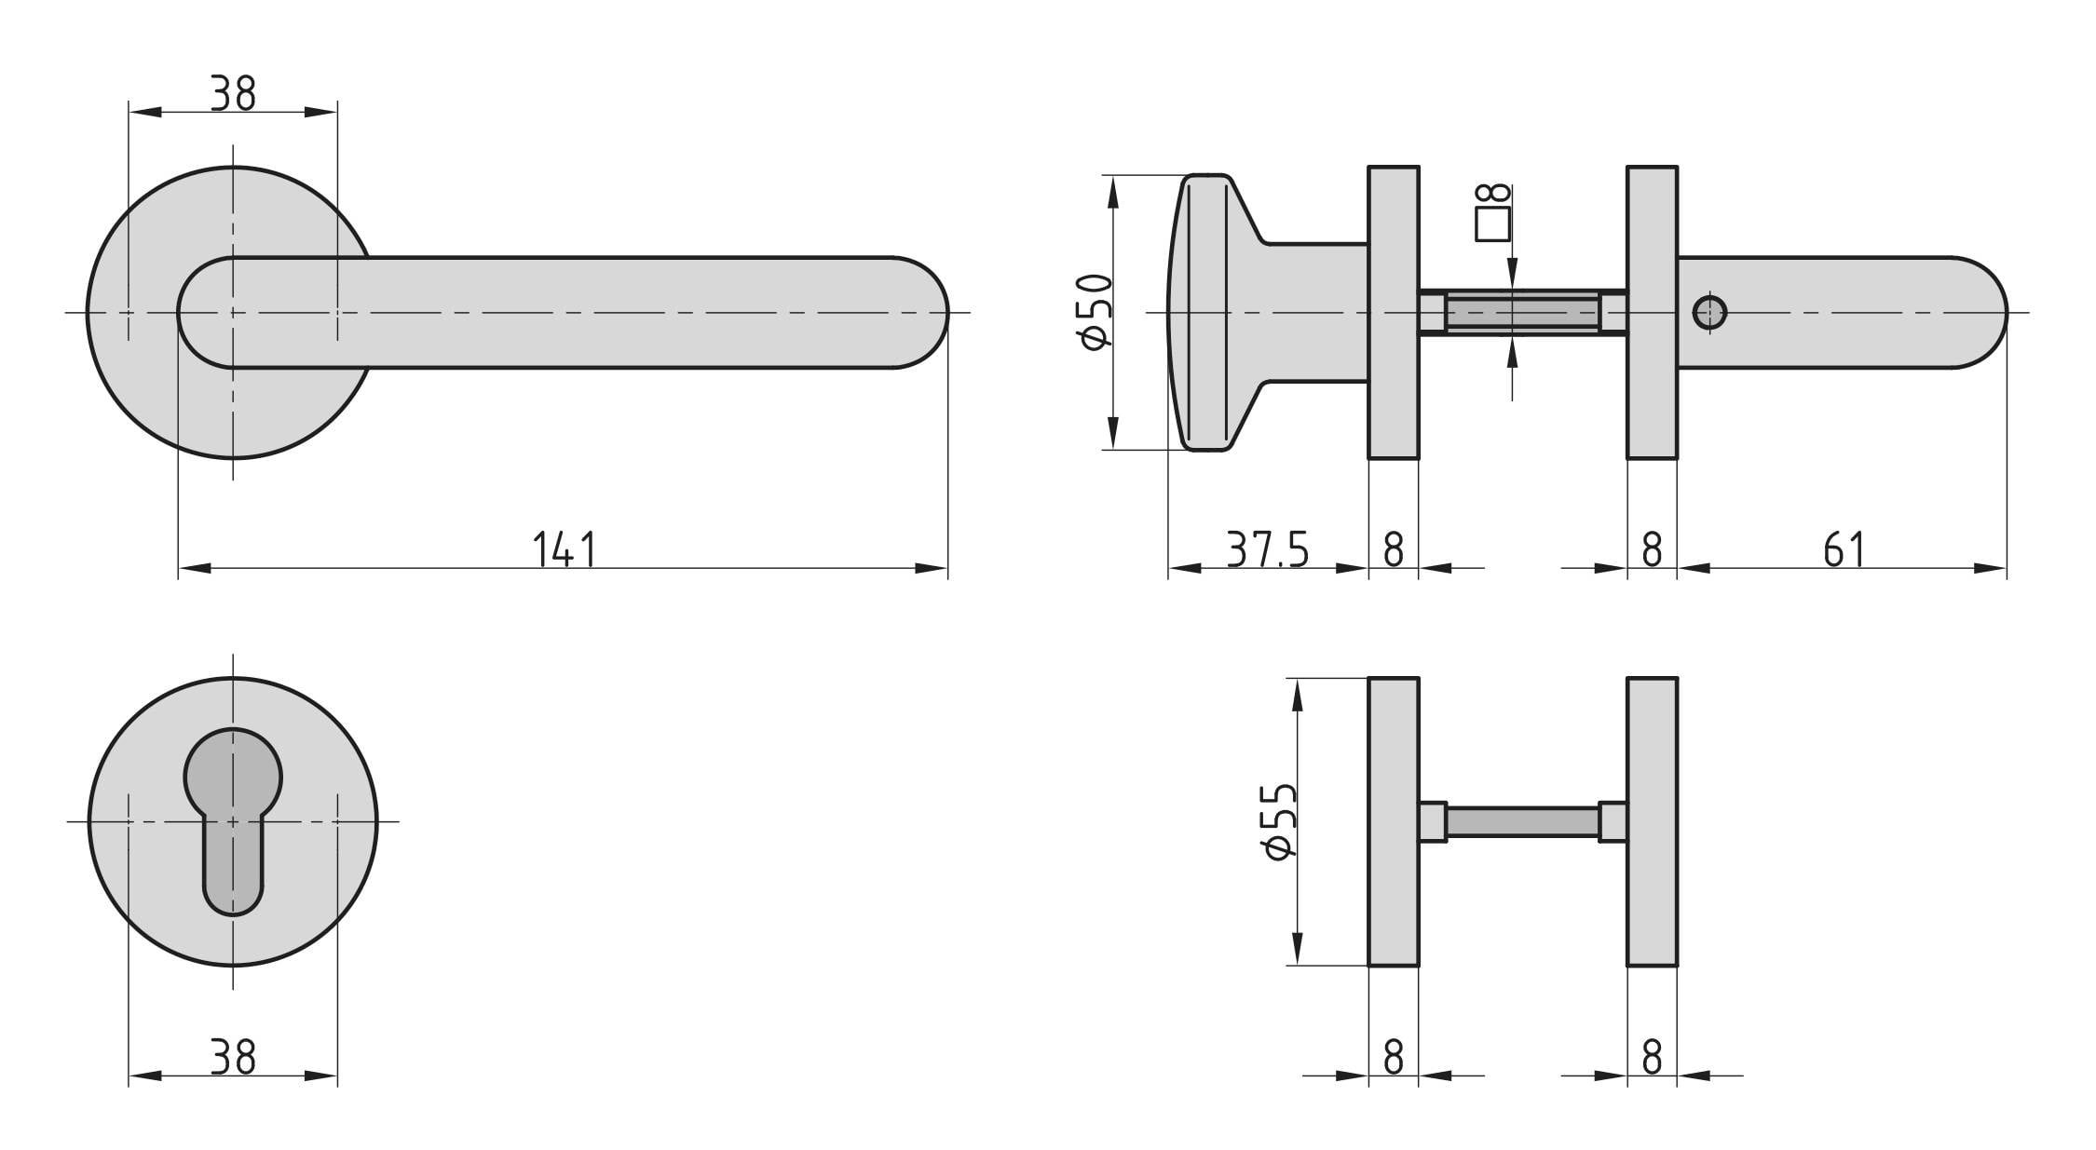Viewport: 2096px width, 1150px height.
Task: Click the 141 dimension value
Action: (x=564, y=549)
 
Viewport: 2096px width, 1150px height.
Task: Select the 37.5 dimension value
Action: (x=1267, y=549)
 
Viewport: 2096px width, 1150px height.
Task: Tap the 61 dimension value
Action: (x=1844, y=549)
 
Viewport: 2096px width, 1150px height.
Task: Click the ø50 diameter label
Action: (x=1096, y=312)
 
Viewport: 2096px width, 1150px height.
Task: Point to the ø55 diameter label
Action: (x=1280, y=821)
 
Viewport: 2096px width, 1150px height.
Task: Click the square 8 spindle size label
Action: (x=1493, y=213)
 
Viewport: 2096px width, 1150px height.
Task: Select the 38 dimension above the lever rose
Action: (x=232, y=93)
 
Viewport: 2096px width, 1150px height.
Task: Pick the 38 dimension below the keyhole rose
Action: (x=232, y=1058)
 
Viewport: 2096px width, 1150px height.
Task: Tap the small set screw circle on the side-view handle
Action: (x=1709, y=313)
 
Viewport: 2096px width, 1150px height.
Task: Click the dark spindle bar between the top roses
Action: (x=1522, y=313)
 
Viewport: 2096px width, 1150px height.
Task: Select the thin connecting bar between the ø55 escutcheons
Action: (x=1522, y=822)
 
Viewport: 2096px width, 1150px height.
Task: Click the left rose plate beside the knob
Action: (x=1394, y=313)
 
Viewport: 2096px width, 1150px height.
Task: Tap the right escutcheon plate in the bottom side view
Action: (x=1653, y=822)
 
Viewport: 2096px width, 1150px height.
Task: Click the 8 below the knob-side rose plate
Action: (x=1394, y=549)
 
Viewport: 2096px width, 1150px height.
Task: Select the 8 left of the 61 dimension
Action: (x=1652, y=549)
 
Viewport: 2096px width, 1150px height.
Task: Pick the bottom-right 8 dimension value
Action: (x=1652, y=1058)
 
